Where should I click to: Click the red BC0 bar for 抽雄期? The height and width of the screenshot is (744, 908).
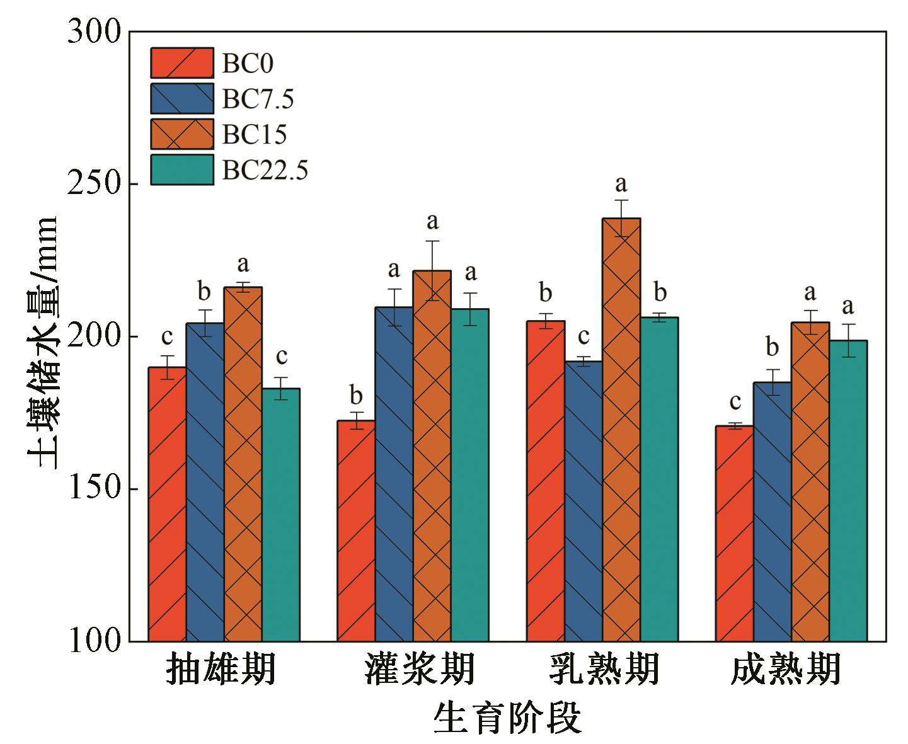point(167,504)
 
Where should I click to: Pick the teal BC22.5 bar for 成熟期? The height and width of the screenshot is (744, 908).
point(848,491)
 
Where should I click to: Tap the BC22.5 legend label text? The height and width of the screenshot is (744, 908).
point(265,170)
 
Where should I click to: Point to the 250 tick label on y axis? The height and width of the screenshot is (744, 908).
point(94,184)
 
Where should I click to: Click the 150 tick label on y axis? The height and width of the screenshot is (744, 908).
point(94,489)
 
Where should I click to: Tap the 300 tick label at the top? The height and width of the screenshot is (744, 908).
point(94,31)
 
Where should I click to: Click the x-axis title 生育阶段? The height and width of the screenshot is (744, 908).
point(507,719)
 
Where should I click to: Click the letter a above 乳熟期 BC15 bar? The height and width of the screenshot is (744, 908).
point(621,184)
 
